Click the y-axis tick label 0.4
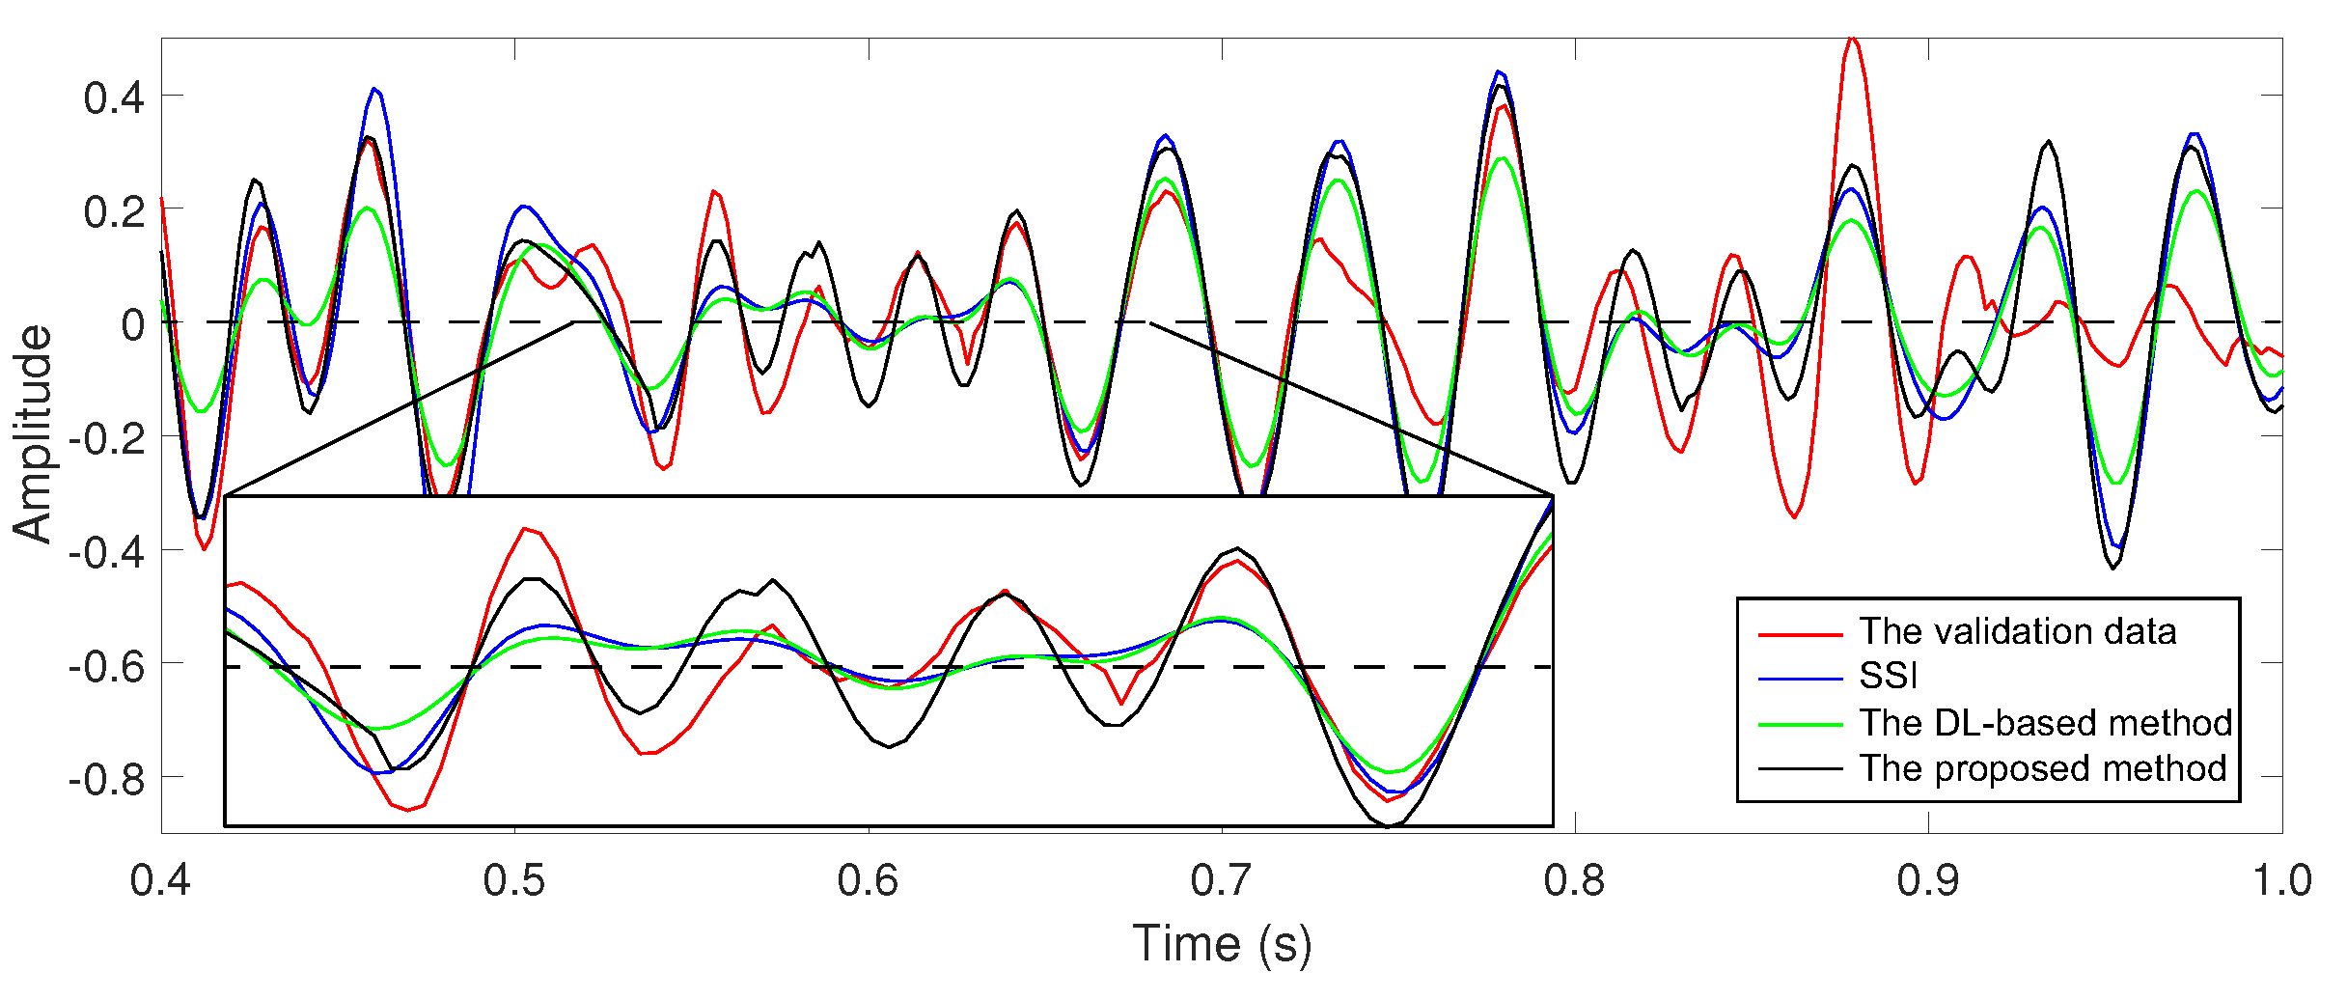tap(114, 97)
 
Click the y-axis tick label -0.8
tap(106, 778)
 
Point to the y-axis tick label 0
tap(132, 324)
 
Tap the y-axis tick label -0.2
tap(106, 438)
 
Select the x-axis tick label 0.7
tap(1221, 880)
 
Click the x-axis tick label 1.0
tap(2281, 880)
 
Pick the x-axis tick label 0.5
tap(513, 880)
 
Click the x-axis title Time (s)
tap(1221, 944)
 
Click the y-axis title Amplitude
tap(33, 434)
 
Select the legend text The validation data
tap(2017, 631)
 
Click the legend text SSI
tap(1888, 676)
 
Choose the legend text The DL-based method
tap(2045, 722)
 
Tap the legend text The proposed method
tap(2042, 768)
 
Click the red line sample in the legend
tap(1800, 634)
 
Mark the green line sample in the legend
tap(1800, 724)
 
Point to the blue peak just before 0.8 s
tap(1499, 71)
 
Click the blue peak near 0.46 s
tap(375, 90)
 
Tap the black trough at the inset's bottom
tap(1388, 826)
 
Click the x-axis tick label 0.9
tap(1927, 880)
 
